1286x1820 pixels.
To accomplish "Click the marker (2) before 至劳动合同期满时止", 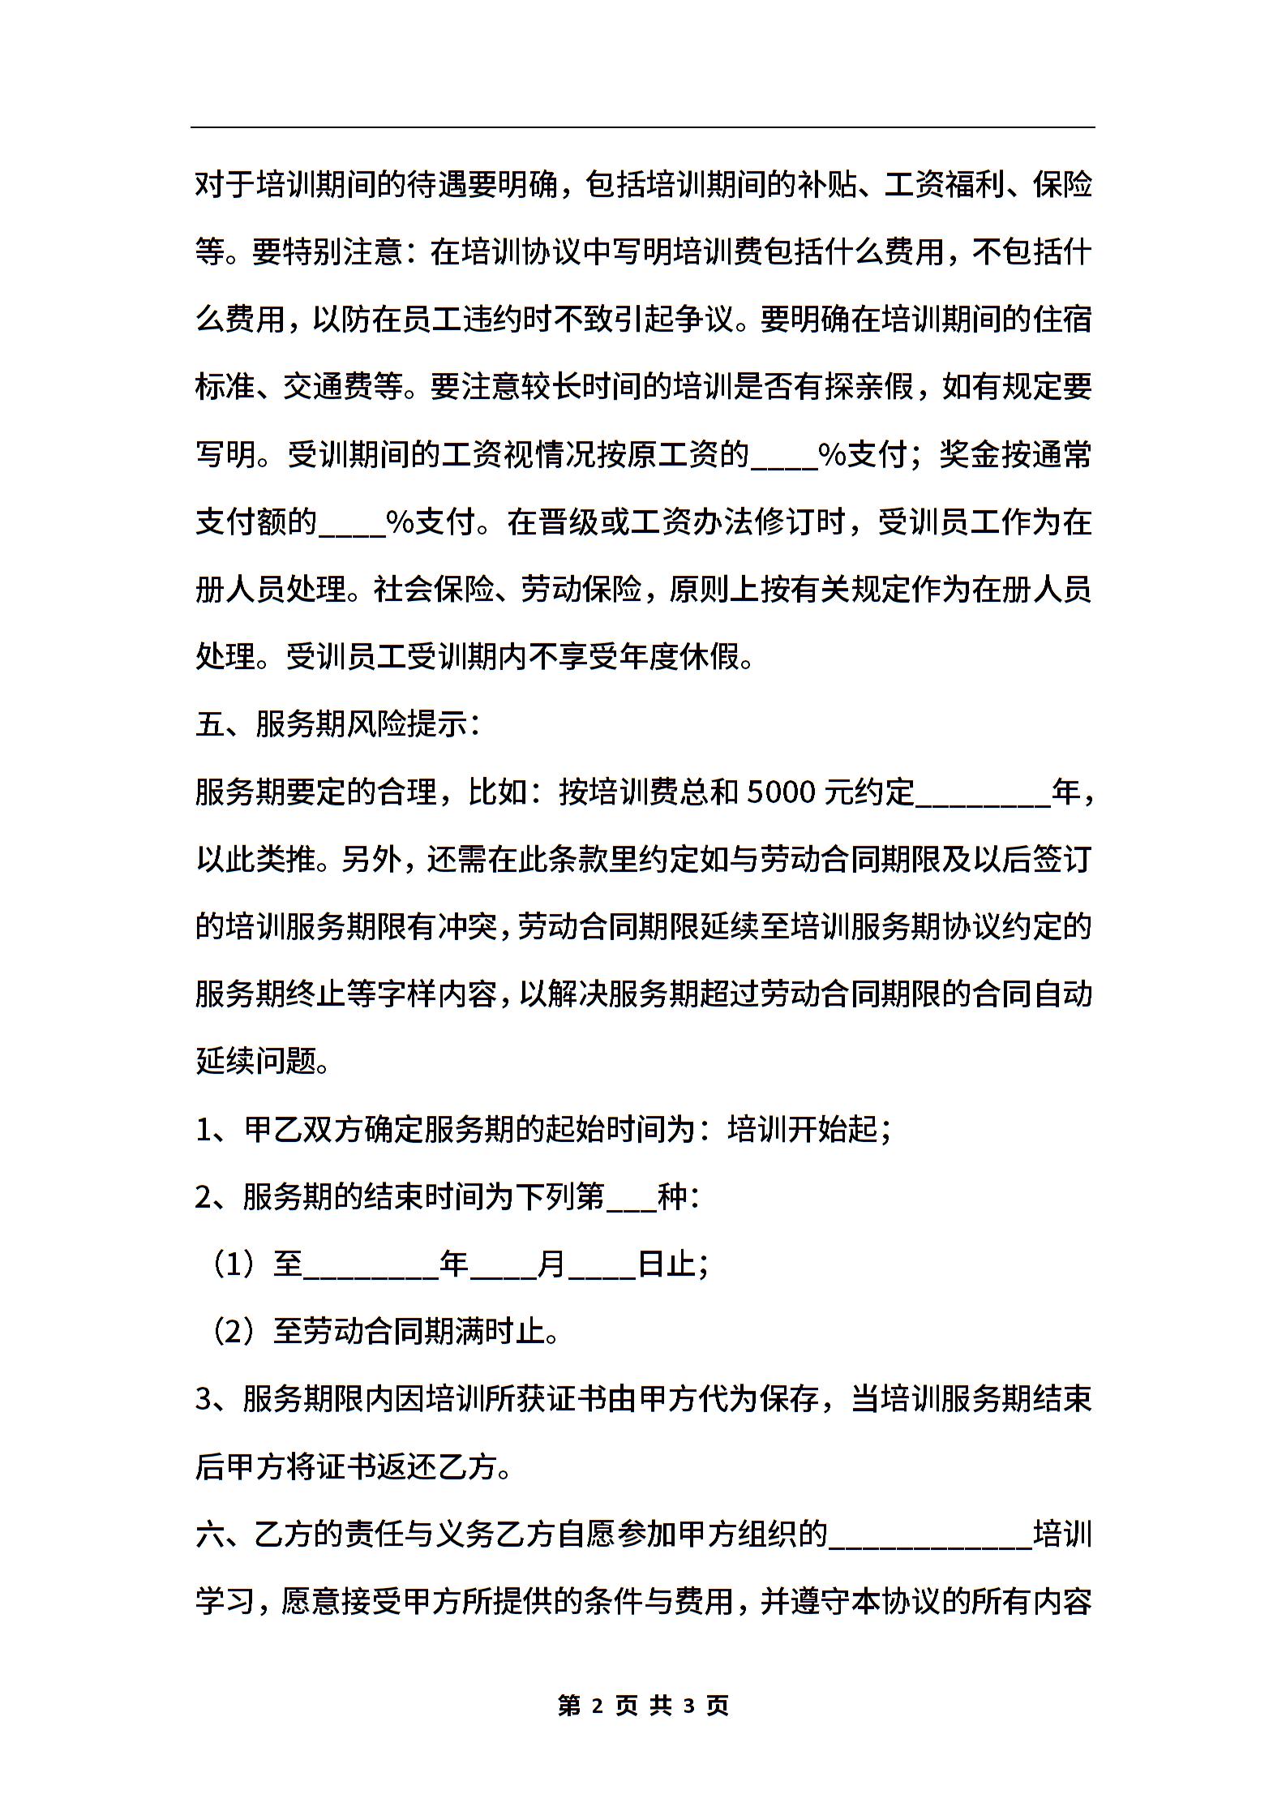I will [x=234, y=1332].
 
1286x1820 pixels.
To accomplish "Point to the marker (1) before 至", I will [x=234, y=1264].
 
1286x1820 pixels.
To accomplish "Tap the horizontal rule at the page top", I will [x=643, y=127].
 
